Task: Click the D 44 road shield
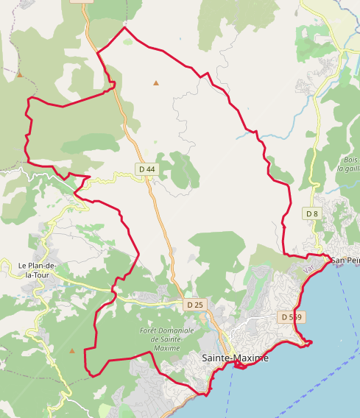coord(147,169)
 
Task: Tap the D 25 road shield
coord(194,304)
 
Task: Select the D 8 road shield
coord(312,213)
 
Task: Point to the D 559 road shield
coord(292,316)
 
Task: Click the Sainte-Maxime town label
coord(236,358)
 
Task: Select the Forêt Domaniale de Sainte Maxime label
coord(167,339)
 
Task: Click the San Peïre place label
coord(345,261)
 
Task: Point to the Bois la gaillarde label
coord(349,163)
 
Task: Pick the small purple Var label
coord(308,270)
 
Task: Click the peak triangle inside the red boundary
coord(156,83)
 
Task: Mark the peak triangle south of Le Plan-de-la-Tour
coord(72,350)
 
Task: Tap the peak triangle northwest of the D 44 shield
coord(20,74)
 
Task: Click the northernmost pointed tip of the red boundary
coord(125,28)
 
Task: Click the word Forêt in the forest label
coord(150,331)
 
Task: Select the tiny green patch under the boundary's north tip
coord(129,41)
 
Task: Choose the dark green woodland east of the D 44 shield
coord(180,169)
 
